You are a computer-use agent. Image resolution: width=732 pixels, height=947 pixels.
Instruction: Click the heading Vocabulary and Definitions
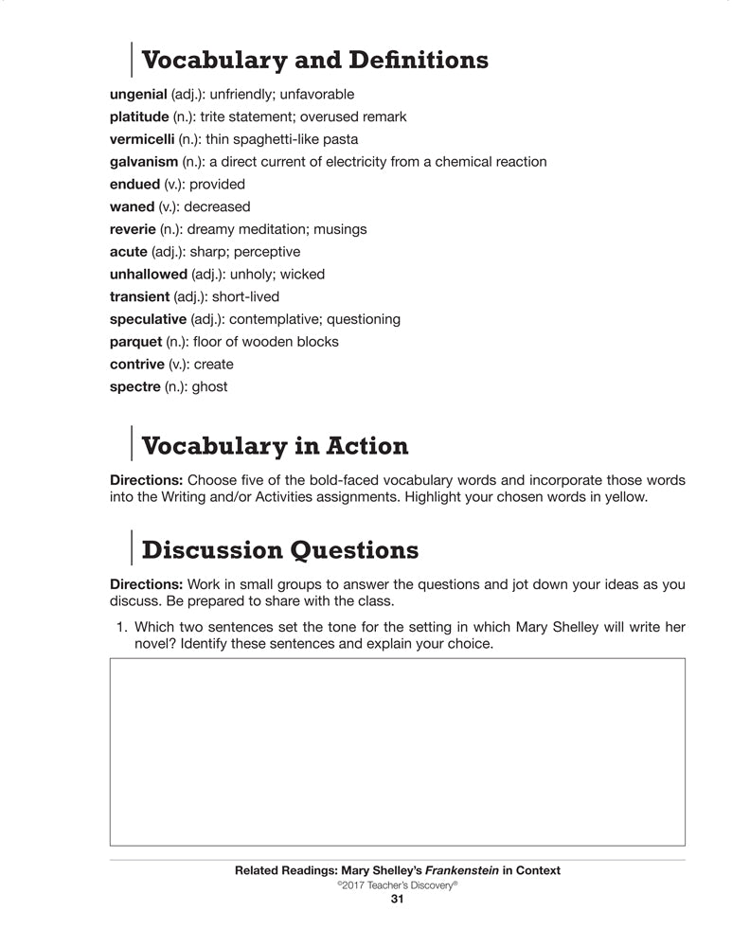coord(314,60)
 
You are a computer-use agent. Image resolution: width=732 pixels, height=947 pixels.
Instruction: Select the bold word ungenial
coord(139,95)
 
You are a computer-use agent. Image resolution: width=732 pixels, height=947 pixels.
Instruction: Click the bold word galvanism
coord(144,162)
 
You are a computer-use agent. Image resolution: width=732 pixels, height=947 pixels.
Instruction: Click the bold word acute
coord(129,252)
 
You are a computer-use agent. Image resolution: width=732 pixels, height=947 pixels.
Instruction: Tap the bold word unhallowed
coord(149,275)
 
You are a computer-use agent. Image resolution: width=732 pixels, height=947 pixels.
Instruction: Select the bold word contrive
coord(137,365)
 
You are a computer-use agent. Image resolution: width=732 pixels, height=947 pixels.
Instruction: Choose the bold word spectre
coord(135,386)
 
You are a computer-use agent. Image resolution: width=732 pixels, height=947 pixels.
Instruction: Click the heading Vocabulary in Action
coord(275,445)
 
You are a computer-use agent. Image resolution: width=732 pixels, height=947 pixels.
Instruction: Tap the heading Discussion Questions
coord(279,549)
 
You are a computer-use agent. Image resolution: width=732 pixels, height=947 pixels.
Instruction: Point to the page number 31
coord(398,900)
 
